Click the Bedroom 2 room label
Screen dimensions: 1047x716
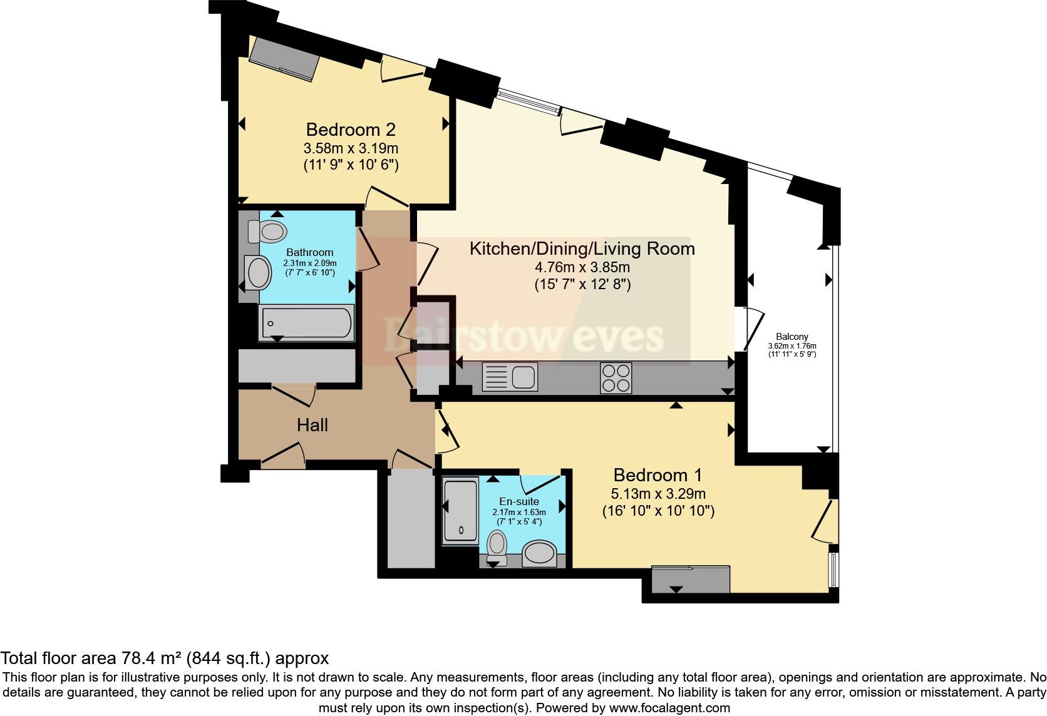point(351,130)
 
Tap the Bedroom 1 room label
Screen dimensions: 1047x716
point(658,475)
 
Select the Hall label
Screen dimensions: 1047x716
point(312,425)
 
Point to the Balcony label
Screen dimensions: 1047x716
point(792,336)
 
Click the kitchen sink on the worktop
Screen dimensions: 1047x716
point(510,376)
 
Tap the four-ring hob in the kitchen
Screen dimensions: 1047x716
point(616,378)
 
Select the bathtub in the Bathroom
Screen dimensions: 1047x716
point(306,323)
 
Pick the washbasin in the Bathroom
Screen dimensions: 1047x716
point(258,273)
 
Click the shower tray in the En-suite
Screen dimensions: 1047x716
point(460,511)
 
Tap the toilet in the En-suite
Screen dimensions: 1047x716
point(497,547)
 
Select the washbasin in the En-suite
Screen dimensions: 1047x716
point(539,553)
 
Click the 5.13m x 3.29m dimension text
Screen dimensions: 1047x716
point(658,494)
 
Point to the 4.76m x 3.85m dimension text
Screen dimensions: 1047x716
point(582,268)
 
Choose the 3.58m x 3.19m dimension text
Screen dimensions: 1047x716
point(351,148)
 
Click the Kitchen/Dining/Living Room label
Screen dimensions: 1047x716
point(582,248)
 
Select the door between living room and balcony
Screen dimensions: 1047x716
point(749,329)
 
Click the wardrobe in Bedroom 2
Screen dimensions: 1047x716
point(284,60)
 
